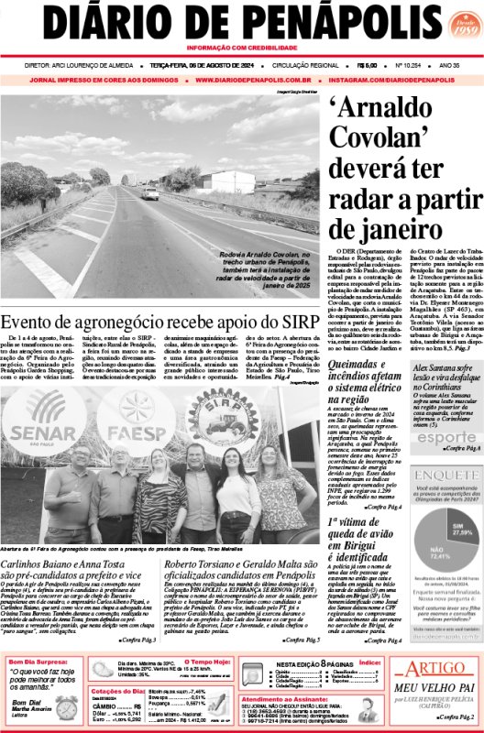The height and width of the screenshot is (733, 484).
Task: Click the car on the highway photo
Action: click(149, 193)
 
